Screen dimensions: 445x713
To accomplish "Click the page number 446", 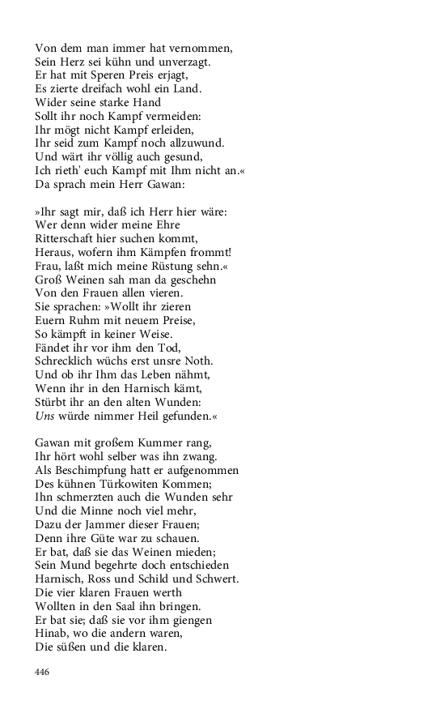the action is coord(43,672).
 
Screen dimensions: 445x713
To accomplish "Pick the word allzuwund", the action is coord(193,143).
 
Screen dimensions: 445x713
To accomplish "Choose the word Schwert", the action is coord(217,580).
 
